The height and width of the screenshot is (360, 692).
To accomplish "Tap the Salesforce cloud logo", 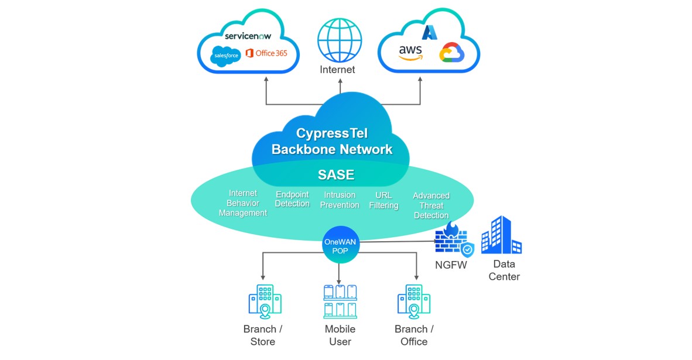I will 226,55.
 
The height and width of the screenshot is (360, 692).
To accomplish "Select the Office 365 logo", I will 267,53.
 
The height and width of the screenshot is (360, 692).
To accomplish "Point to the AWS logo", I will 411,52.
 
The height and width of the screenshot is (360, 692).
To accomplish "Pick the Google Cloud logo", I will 451,53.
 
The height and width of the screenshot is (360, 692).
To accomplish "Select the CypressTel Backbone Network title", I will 332,140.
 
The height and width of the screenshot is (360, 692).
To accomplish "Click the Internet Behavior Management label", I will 243,203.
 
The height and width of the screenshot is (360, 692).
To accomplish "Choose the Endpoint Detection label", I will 292,199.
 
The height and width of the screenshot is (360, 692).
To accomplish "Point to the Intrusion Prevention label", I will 340,200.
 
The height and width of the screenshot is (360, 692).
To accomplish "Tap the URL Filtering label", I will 383,200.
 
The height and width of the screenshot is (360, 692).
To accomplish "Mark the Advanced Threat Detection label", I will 431,205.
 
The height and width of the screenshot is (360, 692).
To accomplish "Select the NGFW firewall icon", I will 453,240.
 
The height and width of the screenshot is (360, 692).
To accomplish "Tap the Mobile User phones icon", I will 340,301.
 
